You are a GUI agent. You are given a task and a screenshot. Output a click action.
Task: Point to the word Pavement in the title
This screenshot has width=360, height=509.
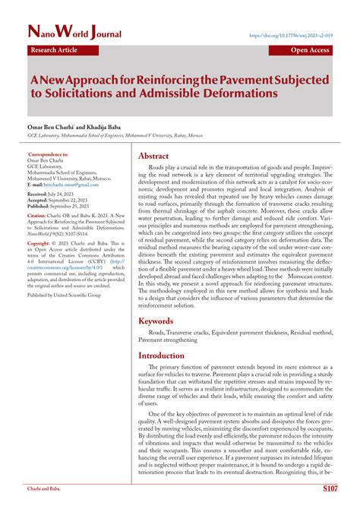(x=244, y=79)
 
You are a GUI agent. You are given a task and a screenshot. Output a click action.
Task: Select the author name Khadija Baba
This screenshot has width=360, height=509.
(x=97, y=126)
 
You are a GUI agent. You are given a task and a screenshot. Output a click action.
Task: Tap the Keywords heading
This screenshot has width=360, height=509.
(x=162, y=321)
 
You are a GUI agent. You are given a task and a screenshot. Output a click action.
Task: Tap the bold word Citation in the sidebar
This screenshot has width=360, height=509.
(x=38, y=216)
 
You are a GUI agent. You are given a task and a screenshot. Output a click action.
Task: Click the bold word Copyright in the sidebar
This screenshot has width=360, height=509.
(x=41, y=243)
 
